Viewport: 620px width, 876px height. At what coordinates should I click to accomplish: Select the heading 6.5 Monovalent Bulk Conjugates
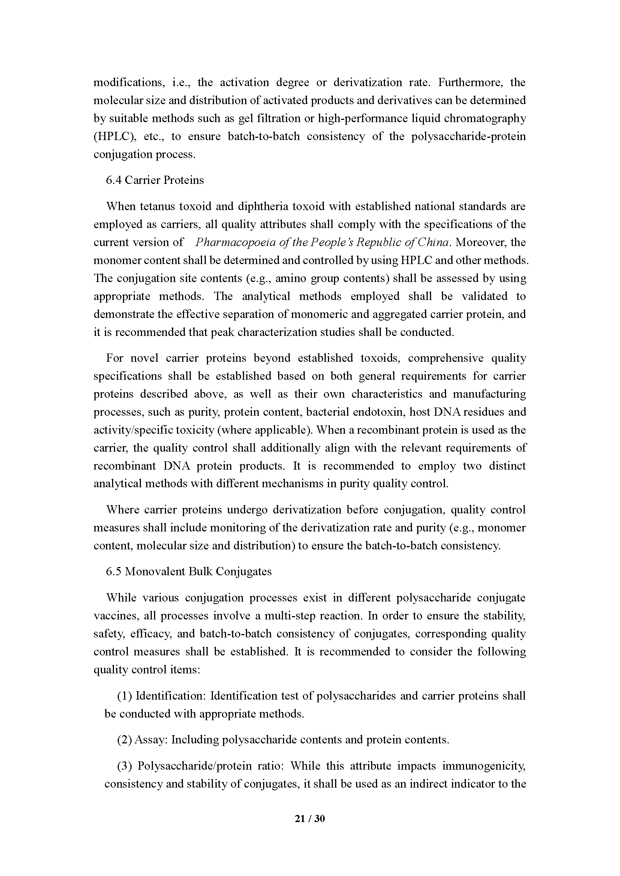coord(189,572)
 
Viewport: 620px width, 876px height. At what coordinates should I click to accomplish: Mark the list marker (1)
coord(124,696)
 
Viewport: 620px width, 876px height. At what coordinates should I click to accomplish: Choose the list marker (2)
coord(124,740)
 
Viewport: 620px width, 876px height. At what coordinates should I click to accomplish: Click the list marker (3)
coord(124,766)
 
